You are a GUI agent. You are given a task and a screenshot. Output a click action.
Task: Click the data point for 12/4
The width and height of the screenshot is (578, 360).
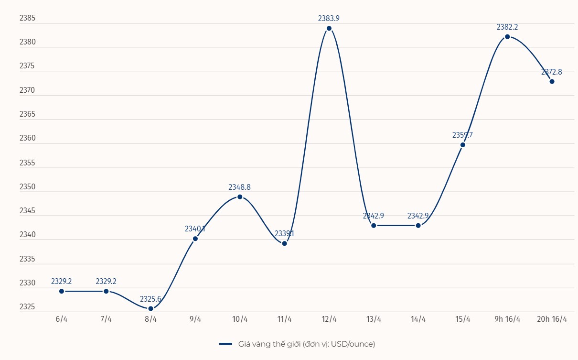pos(329,28)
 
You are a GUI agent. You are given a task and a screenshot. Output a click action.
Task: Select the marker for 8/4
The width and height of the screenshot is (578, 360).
pos(151,308)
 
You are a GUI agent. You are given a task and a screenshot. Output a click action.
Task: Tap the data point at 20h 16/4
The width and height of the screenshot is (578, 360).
pos(552,81)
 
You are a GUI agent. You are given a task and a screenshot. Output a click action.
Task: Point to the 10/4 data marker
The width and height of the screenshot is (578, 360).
pos(240,196)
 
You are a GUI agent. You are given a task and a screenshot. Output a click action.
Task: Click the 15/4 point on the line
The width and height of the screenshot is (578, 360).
pos(463,144)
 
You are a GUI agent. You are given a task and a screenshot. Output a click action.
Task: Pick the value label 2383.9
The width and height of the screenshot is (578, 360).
pos(329,18)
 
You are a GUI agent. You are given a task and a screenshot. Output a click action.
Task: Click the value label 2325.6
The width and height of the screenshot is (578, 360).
pos(150,299)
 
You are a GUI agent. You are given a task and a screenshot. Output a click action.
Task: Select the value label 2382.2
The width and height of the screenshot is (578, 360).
pos(507,27)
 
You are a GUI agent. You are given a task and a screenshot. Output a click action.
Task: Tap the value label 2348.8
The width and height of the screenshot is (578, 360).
pos(239,187)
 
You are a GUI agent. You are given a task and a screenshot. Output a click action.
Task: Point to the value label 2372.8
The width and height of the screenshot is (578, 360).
pos(552,72)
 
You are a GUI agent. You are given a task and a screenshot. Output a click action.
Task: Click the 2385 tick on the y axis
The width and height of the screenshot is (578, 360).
pos(27,18)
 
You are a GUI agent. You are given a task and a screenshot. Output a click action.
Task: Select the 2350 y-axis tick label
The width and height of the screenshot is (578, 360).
pos(27,186)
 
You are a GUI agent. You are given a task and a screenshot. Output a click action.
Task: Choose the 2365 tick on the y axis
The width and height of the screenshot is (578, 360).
pos(27,114)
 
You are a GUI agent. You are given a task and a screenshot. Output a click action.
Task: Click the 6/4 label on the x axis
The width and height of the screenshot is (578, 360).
pos(62,319)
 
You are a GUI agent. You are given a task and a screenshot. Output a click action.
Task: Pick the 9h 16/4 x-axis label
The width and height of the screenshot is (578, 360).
pos(507,319)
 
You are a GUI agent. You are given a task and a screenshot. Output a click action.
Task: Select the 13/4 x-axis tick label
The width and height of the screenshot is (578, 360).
pos(374,319)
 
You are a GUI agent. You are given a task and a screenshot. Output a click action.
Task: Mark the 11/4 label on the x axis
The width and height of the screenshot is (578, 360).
pos(284,319)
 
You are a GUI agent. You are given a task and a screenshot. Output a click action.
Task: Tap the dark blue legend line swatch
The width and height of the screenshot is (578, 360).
pos(225,344)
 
